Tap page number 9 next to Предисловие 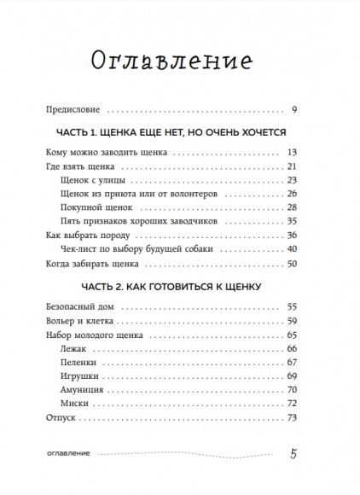click(316, 109)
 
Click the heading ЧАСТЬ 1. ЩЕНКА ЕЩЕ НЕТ click(179, 134)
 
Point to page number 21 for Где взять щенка click(314, 166)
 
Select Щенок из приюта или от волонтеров click(134, 195)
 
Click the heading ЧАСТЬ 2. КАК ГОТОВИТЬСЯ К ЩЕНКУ click(179, 286)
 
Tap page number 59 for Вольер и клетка click(314, 320)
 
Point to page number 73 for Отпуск click(314, 418)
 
